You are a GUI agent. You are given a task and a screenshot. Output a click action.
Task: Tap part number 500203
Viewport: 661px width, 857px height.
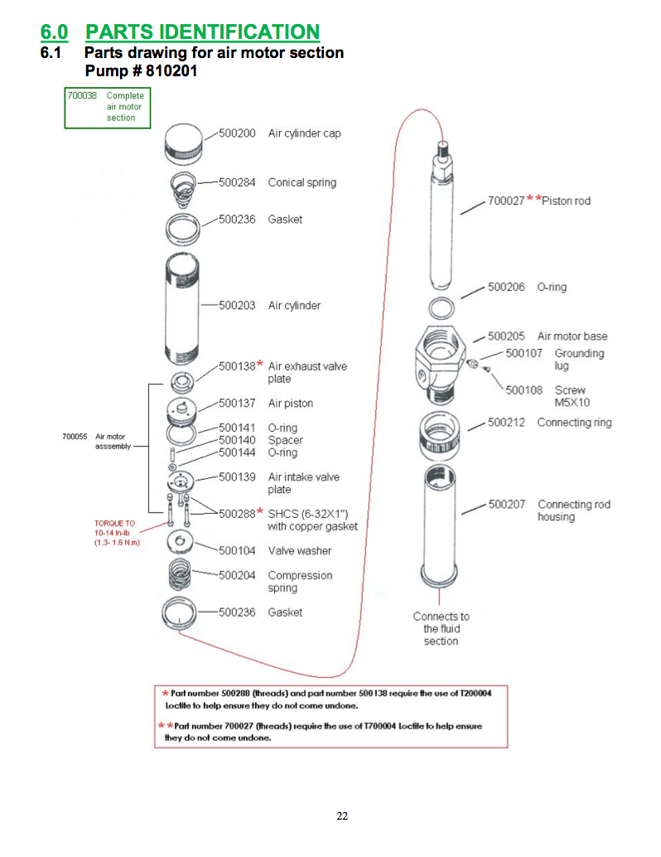[237, 305]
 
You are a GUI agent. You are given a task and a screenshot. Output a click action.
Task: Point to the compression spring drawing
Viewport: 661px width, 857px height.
[183, 577]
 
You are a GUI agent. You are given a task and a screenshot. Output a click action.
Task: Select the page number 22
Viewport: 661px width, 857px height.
[342, 816]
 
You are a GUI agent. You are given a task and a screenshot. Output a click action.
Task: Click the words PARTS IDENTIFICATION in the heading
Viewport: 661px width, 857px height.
[202, 32]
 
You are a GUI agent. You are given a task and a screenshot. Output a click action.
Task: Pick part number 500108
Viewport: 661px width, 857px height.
[523, 390]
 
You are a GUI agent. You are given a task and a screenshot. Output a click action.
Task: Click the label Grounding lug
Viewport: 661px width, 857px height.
[579, 359]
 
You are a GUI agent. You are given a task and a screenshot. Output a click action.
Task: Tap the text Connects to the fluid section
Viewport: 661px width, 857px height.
[441, 628]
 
